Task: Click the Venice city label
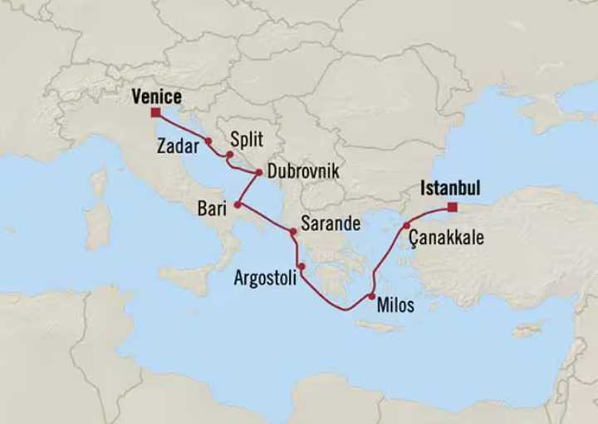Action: pyautogui.click(x=156, y=98)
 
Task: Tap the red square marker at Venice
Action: pyautogui.click(x=155, y=112)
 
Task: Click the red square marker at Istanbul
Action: pyautogui.click(x=451, y=207)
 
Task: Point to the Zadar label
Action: pyautogui.click(x=176, y=145)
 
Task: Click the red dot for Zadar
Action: pyautogui.click(x=208, y=141)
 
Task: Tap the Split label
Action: pyautogui.click(x=247, y=141)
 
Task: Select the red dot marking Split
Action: pyautogui.click(x=229, y=155)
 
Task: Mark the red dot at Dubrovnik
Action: pyautogui.click(x=259, y=173)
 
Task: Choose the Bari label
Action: pyautogui.click(x=212, y=210)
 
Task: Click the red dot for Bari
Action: pyautogui.click(x=238, y=204)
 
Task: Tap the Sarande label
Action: pyautogui.click(x=331, y=224)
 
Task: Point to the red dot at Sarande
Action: pyautogui.click(x=292, y=232)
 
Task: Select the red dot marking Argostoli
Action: pyautogui.click(x=301, y=267)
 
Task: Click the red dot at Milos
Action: pyautogui.click(x=371, y=297)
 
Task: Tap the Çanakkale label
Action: pyautogui.click(x=446, y=239)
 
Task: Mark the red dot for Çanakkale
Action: pyautogui.click(x=406, y=225)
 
